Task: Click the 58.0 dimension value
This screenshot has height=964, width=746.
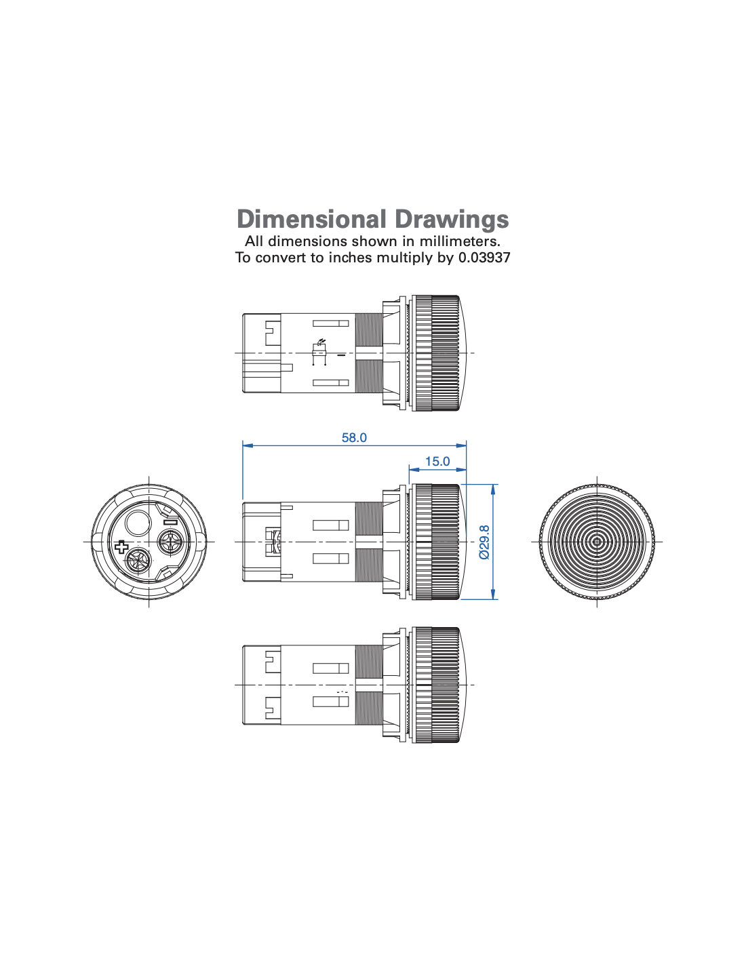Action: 354,437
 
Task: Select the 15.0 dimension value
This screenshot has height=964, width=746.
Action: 437,462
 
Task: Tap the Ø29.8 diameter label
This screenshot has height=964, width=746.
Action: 485,542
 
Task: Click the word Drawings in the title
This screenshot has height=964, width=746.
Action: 451,219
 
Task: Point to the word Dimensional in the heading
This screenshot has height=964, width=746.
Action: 311,219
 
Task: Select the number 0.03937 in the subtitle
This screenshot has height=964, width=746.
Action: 484,258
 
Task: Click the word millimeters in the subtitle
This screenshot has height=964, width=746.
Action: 460,241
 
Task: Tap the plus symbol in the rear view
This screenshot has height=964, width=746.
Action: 121,546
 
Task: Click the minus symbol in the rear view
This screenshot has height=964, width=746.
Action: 173,522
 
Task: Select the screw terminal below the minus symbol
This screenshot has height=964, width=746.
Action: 171,542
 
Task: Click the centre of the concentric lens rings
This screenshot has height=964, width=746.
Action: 597,542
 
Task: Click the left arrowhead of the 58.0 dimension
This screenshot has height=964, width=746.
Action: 248,445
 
